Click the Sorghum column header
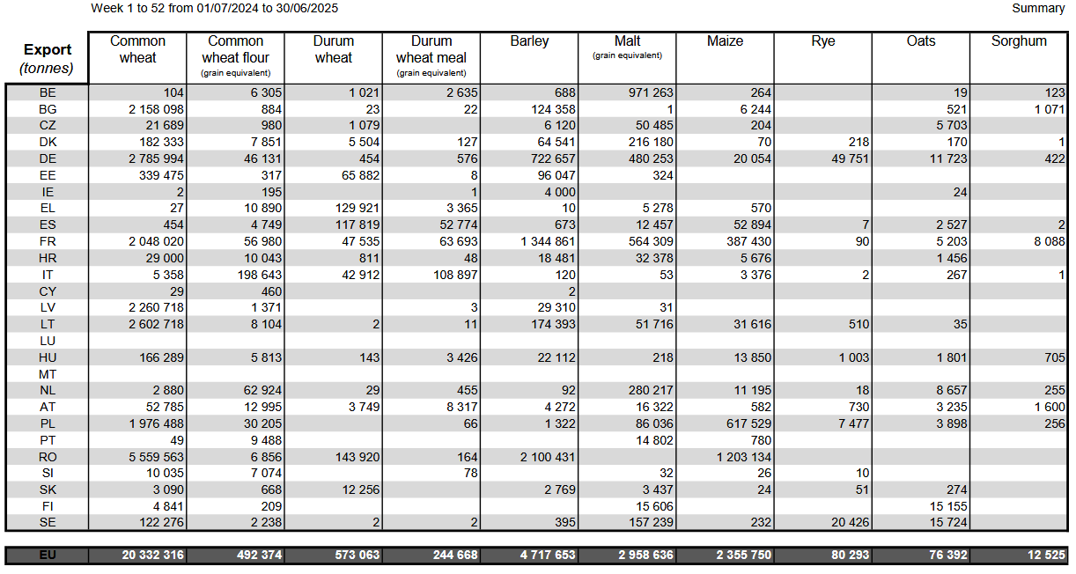(1019, 41)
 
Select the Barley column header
(529, 41)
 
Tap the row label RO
(48, 457)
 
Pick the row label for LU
(48, 341)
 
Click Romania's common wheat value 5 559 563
(156, 457)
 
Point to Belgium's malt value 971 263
(651, 92)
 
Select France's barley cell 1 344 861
(548, 241)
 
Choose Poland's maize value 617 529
(748, 423)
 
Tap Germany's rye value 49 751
(851, 159)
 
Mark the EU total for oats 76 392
(947, 556)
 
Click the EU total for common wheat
(152, 556)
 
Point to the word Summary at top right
(1038, 8)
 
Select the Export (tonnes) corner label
(46, 59)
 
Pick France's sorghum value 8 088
(1050, 241)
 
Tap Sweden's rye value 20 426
(851, 522)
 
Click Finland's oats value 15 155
(947, 506)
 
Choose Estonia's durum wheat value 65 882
(360, 175)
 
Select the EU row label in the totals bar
(48, 556)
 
